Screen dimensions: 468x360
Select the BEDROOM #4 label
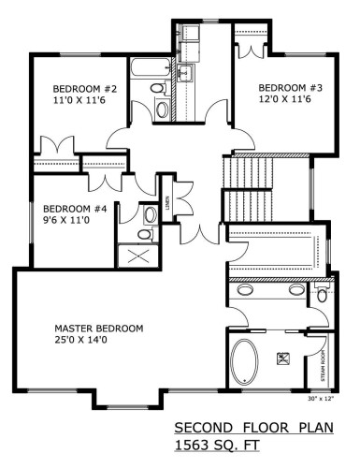click(65, 209)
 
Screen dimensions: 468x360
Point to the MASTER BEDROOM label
click(98, 329)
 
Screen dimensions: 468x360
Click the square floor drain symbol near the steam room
click(283, 357)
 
